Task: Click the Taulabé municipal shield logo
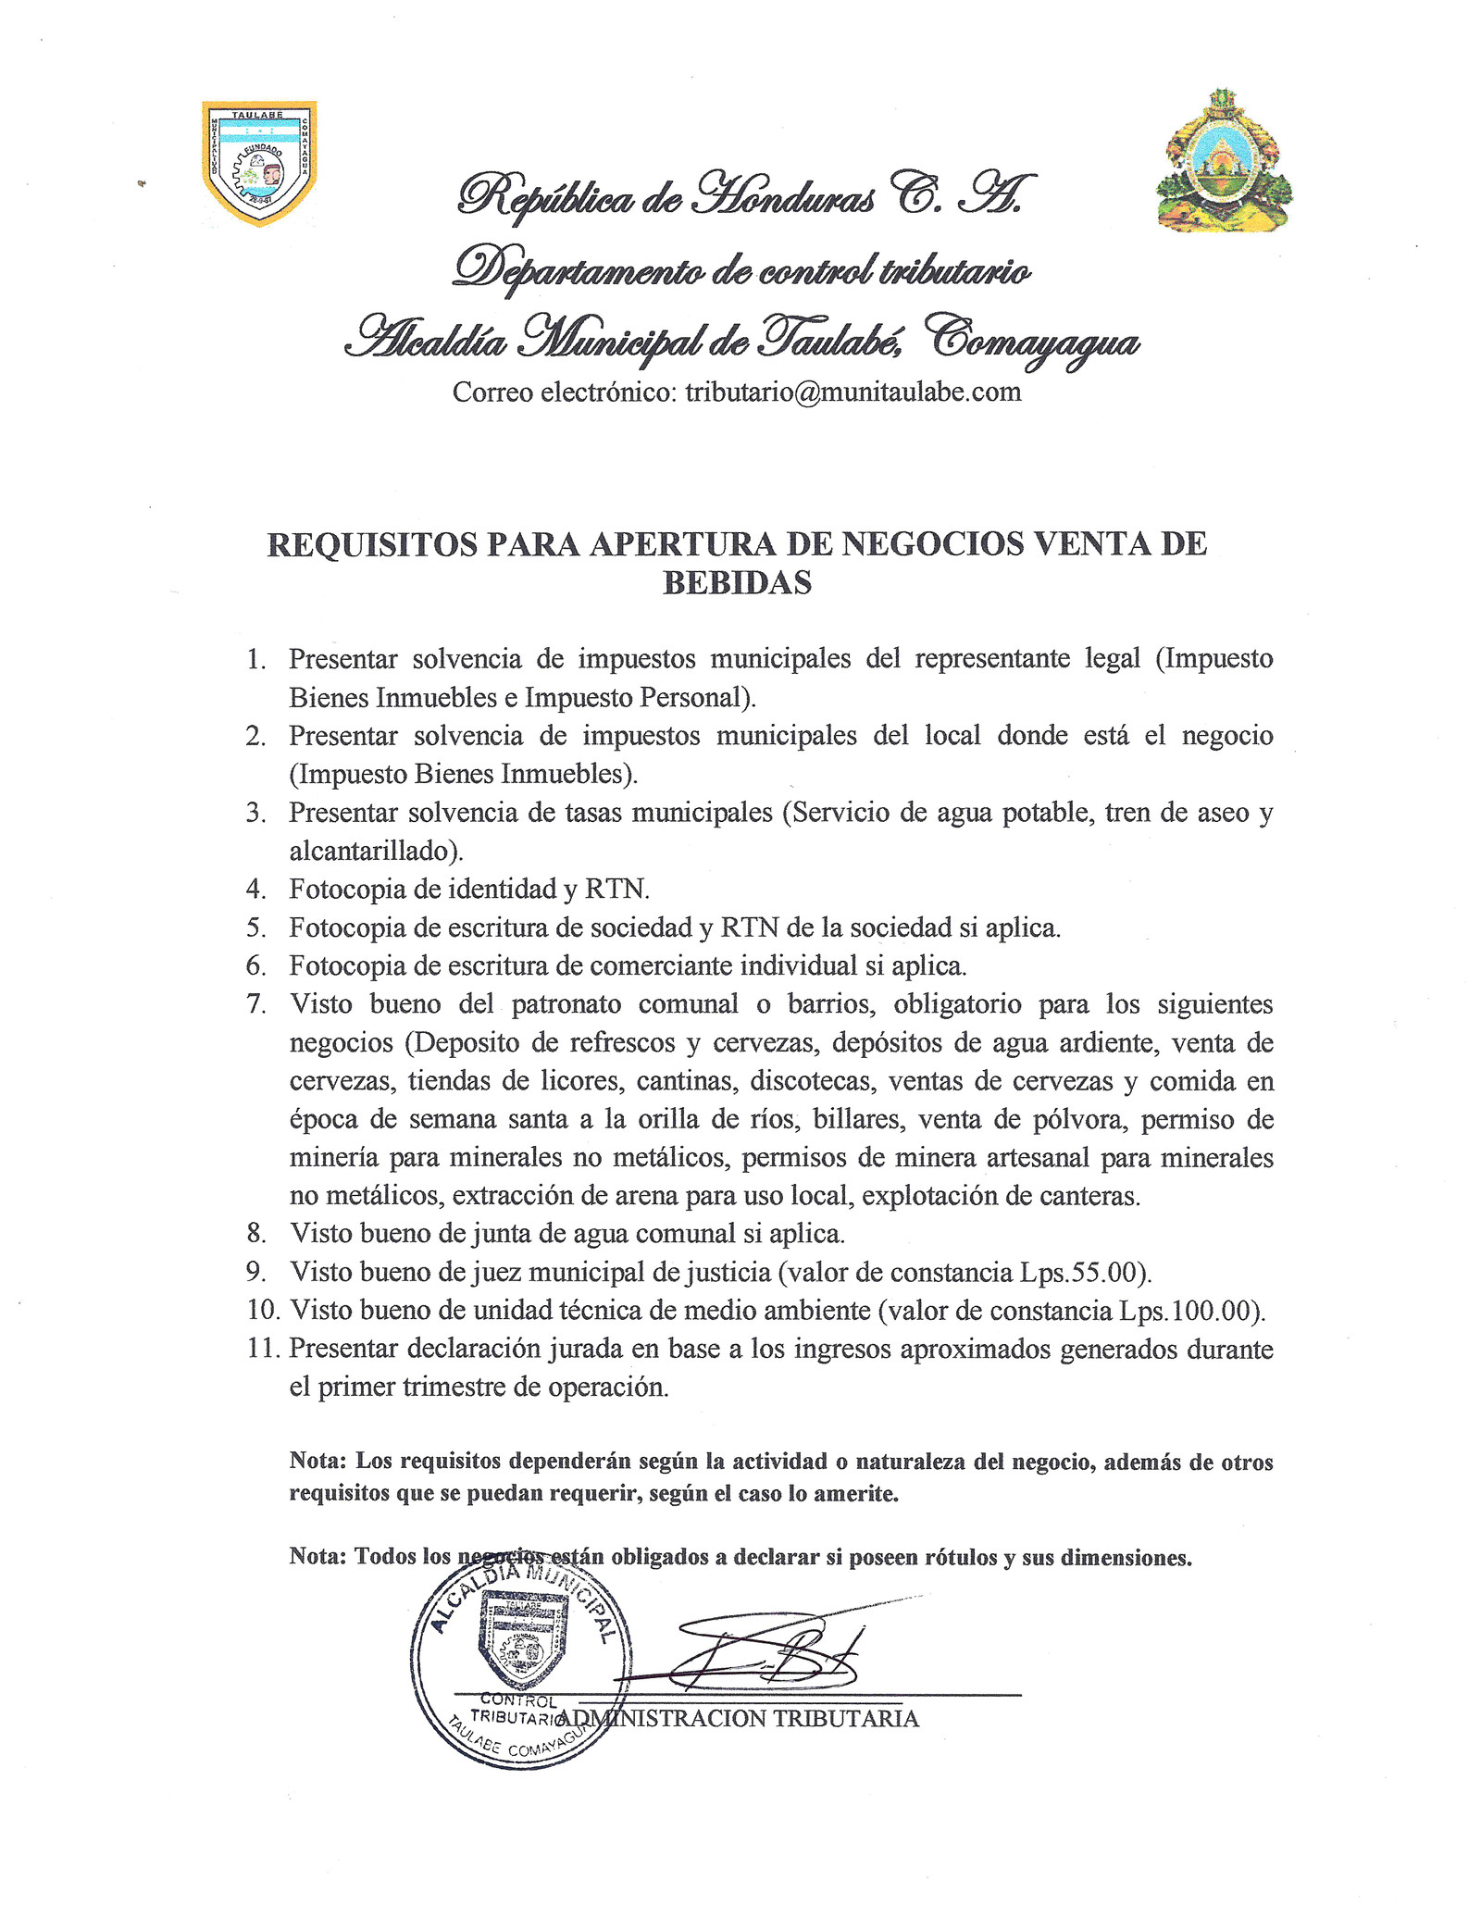click(259, 162)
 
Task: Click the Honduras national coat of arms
click(1224, 161)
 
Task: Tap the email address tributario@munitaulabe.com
click(853, 392)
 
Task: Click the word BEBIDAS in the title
click(737, 582)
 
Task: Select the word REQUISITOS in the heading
click(372, 544)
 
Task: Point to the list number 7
click(256, 1004)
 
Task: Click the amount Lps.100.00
click(1189, 1311)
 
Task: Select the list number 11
click(263, 1349)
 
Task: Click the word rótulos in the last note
click(961, 1558)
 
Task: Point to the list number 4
click(256, 890)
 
